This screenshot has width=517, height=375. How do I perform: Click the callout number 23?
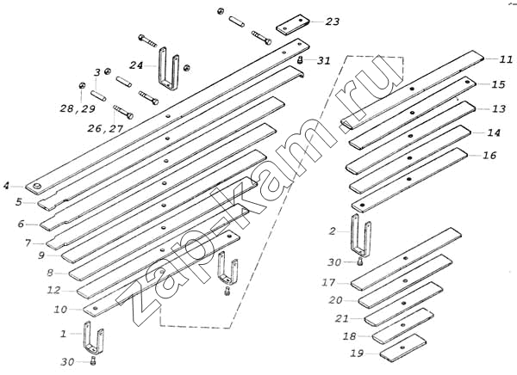333,22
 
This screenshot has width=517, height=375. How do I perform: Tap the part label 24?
137,65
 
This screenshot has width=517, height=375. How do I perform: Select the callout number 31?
323,60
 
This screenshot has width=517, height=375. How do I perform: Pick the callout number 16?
489,156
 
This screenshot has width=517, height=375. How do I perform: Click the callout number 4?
7,185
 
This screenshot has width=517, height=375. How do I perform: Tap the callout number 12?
53,290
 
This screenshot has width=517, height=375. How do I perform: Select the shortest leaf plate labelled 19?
403,345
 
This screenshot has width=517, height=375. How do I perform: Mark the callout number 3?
97,72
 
